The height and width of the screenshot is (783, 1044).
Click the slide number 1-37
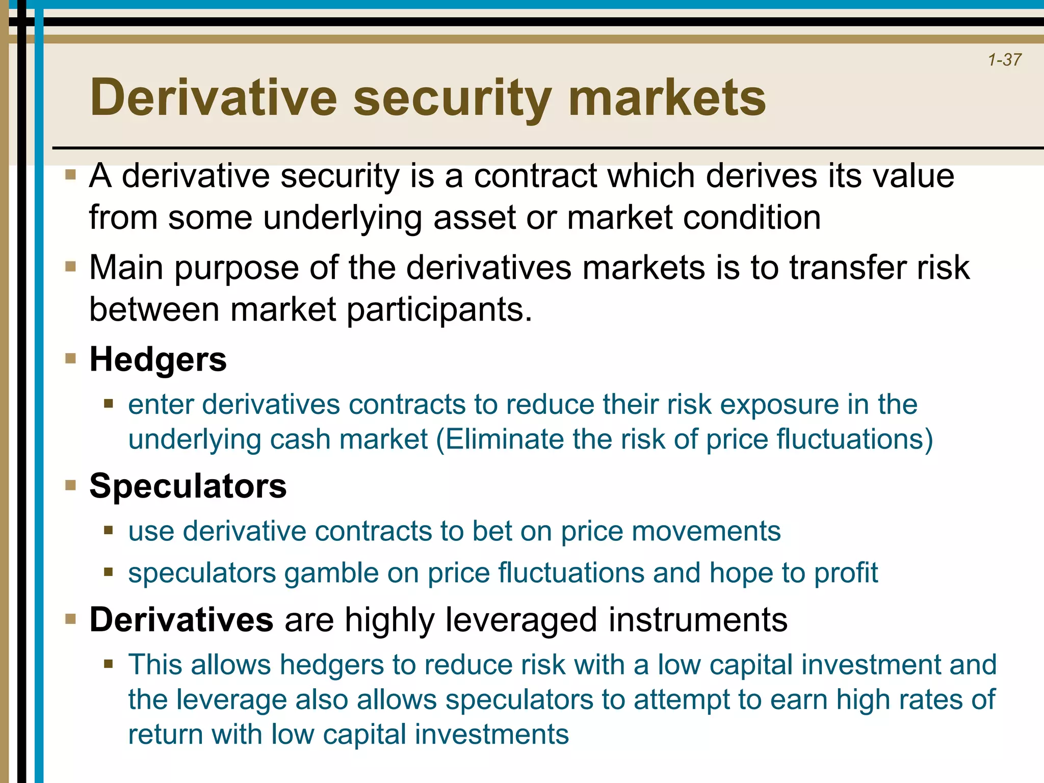click(1004, 60)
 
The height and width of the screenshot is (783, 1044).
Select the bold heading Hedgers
click(158, 359)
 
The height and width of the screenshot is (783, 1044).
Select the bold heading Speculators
click(188, 486)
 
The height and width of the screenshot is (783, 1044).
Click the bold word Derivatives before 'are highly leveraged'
click(181, 620)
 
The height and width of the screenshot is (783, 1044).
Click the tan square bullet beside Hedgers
click(71, 358)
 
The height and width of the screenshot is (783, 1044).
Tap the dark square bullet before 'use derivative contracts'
click(108, 530)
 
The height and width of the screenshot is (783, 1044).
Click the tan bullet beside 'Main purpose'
click(71, 267)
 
